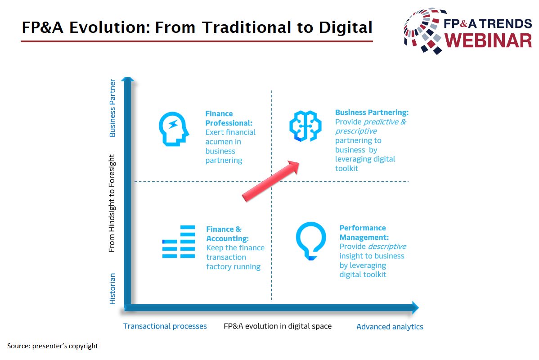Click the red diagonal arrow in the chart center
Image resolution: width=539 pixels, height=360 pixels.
(x=270, y=181)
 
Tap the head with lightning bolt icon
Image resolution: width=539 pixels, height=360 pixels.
(x=174, y=129)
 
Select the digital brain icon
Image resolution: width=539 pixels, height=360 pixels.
(x=305, y=126)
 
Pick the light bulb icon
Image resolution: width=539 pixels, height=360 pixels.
(x=311, y=241)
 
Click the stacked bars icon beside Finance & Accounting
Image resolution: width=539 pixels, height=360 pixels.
(x=179, y=241)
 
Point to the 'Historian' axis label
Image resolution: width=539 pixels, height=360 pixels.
(x=112, y=289)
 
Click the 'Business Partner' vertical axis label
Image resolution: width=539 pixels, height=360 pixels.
(x=112, y=108)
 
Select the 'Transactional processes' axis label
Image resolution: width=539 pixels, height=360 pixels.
(x=165, y=326)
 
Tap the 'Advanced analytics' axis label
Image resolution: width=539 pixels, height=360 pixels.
(x=390, y=327)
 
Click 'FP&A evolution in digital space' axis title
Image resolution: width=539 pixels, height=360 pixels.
(x=278, y=326)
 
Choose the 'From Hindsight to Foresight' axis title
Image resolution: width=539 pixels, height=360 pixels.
(x=112, y=203)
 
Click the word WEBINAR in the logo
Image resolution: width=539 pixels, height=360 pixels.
(x=488, y=40)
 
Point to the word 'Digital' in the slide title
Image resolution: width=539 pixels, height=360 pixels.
(x=346, y=27)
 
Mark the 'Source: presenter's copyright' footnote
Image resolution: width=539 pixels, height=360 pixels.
(x=53, y=346)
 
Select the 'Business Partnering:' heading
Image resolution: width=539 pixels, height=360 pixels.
(x=372, y=112)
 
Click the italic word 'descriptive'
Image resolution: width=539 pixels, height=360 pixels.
(x=387, y=247)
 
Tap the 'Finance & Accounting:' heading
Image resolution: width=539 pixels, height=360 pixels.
(x=228, y=234)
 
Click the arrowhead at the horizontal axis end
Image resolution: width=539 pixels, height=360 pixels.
(x=415, y=307)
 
